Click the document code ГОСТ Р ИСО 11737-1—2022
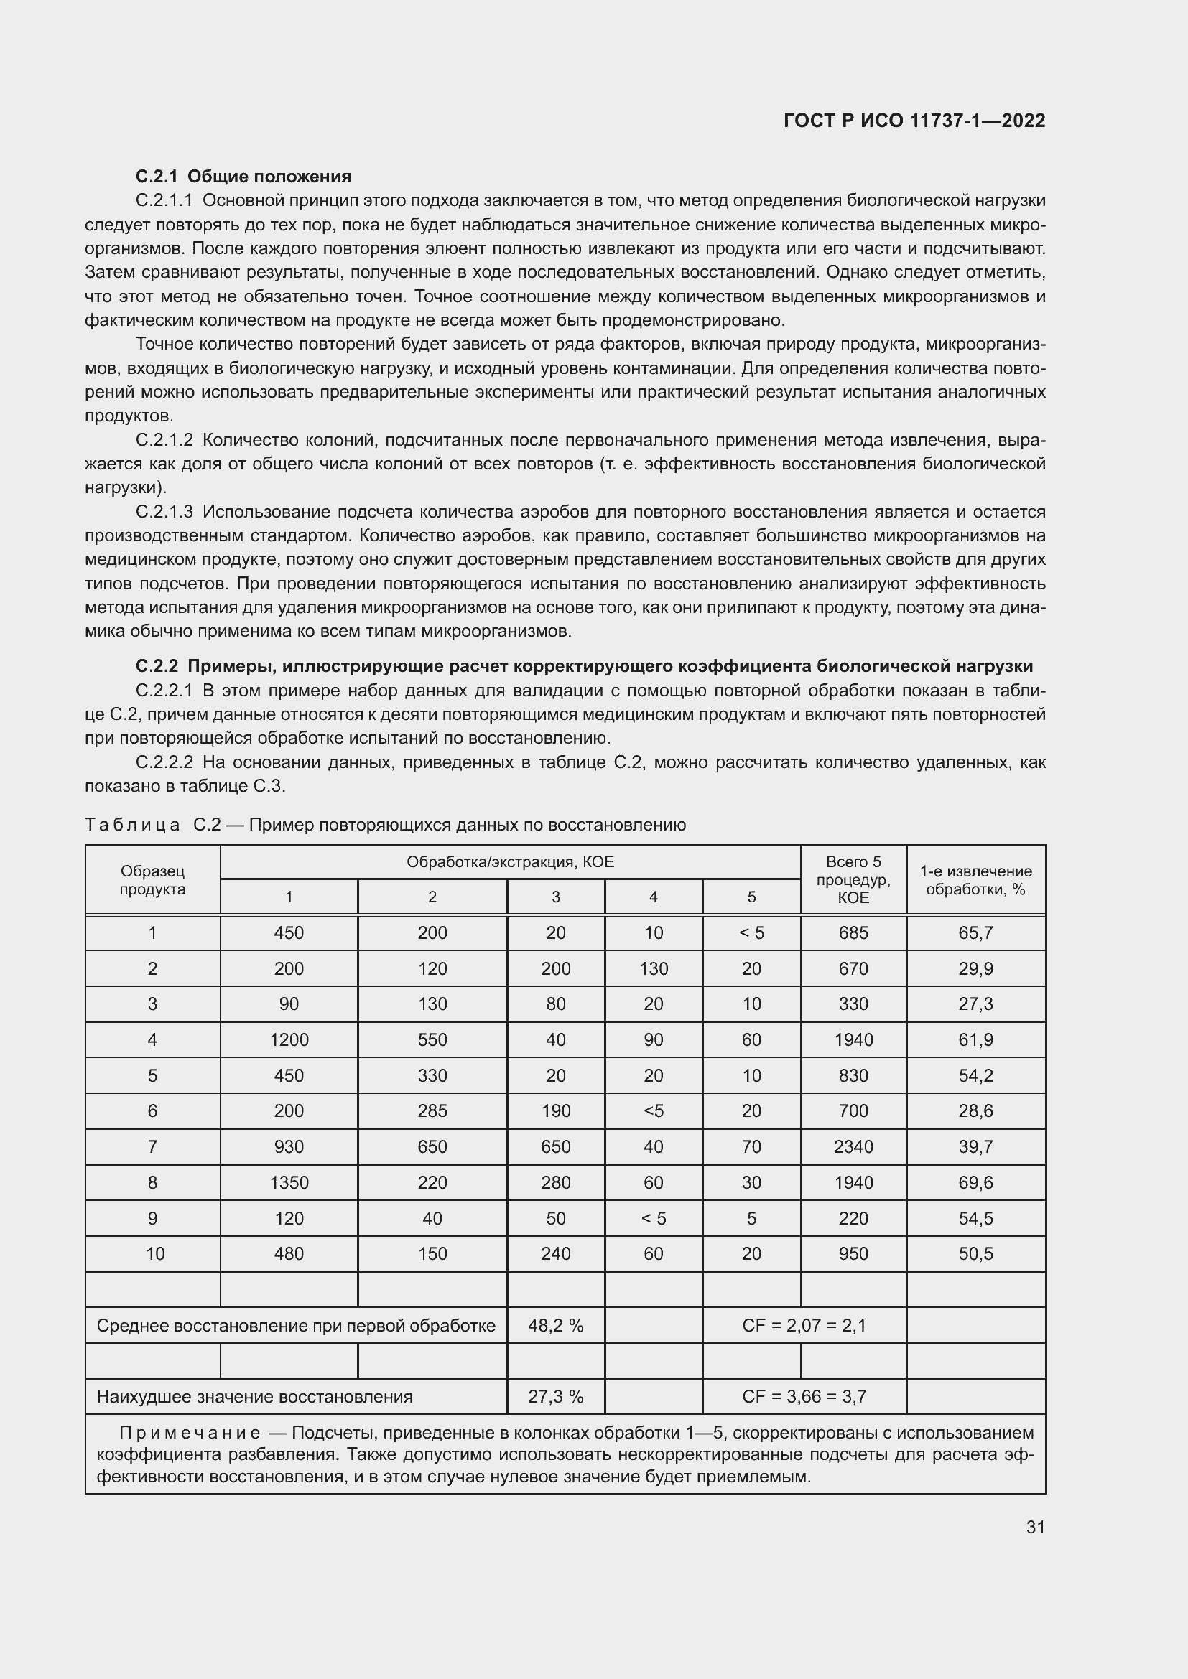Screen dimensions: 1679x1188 click(x=914, y=121)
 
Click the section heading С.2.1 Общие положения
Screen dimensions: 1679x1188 click(x=243, y=177)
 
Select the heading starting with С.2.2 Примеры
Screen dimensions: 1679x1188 click(x=584, y=666)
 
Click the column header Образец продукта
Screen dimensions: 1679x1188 click(x=152, y=880)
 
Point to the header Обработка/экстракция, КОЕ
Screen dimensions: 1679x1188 click(x=510, y=861)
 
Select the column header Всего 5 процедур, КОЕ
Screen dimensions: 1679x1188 click(x=853, y=880)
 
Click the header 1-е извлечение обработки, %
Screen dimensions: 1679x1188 click(x=975, y=880)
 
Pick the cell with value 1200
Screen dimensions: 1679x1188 click(x=289, y=1039)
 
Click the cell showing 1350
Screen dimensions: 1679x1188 click(x=289, y=1182)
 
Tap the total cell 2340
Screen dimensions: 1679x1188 click(x=853, y=1146)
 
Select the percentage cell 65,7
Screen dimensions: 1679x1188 click(x=975, y=932)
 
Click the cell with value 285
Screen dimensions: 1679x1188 click(x=432, y=1110)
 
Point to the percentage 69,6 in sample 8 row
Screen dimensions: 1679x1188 click(x=975, y=1182)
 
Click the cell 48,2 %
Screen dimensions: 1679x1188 click(x=555, y=1326)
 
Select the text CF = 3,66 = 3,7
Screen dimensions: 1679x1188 click(x=803, y=1397)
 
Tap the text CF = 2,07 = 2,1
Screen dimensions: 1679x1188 click(x=803, y=1326)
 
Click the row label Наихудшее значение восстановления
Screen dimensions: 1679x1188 click(x=254, y=1397)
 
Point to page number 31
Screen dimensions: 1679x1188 click(x=1034, y=1527)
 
